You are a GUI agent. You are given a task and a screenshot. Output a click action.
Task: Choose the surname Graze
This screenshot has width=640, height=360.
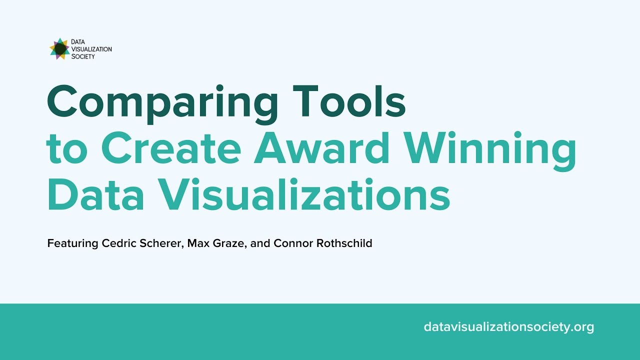click(x=229, y=244)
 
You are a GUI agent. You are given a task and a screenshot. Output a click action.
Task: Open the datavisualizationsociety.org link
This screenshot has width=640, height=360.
click(x=508, y=327)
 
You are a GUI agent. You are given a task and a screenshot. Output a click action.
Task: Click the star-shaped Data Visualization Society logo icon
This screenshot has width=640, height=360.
click(x=59, y=49)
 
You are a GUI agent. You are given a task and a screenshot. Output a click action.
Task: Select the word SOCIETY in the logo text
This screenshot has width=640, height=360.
click(x=83, y=56)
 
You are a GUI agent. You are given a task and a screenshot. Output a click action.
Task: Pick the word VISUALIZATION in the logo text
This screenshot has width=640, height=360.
click(x=91, y=49)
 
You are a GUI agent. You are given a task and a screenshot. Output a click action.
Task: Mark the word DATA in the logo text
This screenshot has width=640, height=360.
click(x=78, y=42)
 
